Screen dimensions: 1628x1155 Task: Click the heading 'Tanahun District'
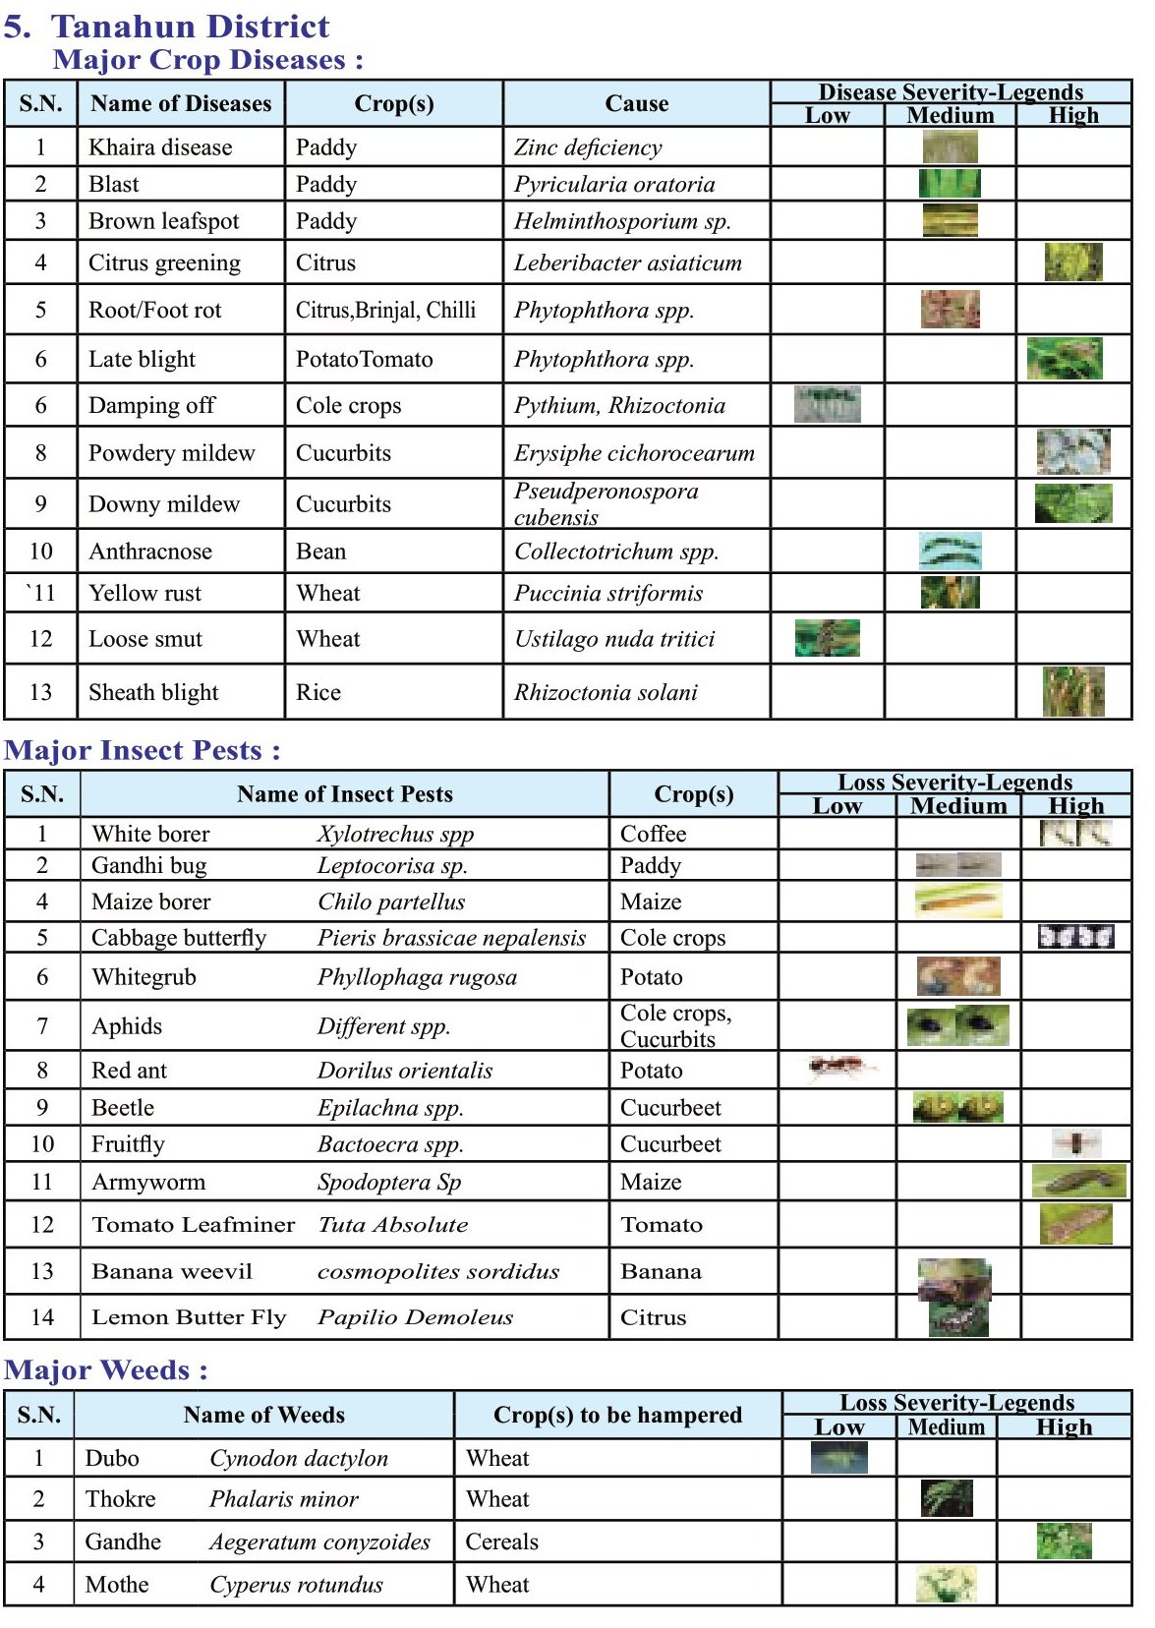(190, 26)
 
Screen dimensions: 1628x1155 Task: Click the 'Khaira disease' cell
(160, 147)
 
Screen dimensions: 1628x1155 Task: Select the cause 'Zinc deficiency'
(588, 147)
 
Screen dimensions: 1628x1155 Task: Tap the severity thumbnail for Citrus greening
(1073, 262)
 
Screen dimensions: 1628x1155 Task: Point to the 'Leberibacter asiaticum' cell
(627, 262)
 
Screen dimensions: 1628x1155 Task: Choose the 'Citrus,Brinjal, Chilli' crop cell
(385, 310)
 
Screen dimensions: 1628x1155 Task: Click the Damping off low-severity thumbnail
(828, 404)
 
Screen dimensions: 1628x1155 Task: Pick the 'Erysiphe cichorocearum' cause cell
(634, 453)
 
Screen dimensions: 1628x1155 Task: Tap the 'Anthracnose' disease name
(150, 552)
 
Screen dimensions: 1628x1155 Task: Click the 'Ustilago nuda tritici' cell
(614, 639)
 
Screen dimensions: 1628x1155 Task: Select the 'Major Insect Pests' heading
(142, 750)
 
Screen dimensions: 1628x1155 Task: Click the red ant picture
(839, 1067)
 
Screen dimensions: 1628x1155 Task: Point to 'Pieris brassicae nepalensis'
(451, 938)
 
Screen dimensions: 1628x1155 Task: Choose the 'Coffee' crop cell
(653, 834)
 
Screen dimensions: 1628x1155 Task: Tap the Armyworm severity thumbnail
(1077, 1180)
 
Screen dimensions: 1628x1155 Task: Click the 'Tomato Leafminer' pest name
(193, 1224)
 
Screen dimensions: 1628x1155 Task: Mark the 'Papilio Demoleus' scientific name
(415, 1317)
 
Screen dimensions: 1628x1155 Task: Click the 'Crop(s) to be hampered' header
(617, 1415)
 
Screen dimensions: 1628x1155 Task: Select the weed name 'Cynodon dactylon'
(299, 1458)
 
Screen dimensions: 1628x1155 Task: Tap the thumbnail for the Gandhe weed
(1064, 1541)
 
